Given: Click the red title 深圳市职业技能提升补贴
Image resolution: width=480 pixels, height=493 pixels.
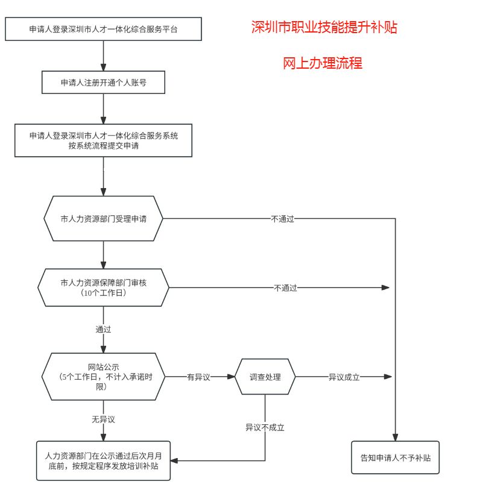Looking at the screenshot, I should [x=324, y=28].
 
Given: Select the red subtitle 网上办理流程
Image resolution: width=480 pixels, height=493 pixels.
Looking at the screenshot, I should [x=323, y=63].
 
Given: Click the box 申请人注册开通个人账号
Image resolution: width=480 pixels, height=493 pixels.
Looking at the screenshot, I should [x=103, y=83].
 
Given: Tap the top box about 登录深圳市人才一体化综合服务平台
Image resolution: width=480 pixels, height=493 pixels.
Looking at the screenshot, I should [x=103, y=29].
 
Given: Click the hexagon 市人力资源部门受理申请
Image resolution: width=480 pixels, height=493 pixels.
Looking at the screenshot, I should [x=103, y=219].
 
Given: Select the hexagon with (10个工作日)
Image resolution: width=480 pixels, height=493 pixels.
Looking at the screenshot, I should [x=103, y=287].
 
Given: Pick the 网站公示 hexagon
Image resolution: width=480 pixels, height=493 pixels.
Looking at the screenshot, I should [x=103, y=377].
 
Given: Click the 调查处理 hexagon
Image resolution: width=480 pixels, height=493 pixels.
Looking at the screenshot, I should [x=265, y=377].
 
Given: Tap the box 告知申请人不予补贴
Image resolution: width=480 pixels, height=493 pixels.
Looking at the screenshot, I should [x=396, y=458].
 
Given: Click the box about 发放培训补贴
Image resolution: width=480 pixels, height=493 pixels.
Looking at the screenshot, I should [x=103, y=462].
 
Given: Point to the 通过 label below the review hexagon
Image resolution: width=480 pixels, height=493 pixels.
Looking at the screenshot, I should [x=103, y=330].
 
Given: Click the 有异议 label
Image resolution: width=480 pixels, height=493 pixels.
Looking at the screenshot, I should [x=198, y=377].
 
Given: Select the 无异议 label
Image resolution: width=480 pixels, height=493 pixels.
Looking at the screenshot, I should [x=103, y=419].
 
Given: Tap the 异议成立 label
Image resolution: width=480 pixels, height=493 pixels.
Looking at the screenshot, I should [x=344, y=377].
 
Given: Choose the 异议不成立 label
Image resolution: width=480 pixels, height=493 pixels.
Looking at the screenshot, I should [x=265, y=427].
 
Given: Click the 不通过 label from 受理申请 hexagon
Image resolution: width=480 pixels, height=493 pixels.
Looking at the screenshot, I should [x=282, y=219].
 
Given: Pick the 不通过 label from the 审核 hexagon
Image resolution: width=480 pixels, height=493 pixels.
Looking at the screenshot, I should [x=285, y=288].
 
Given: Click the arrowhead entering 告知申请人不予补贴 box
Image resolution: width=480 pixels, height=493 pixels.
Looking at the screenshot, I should [x=396, y=438].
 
